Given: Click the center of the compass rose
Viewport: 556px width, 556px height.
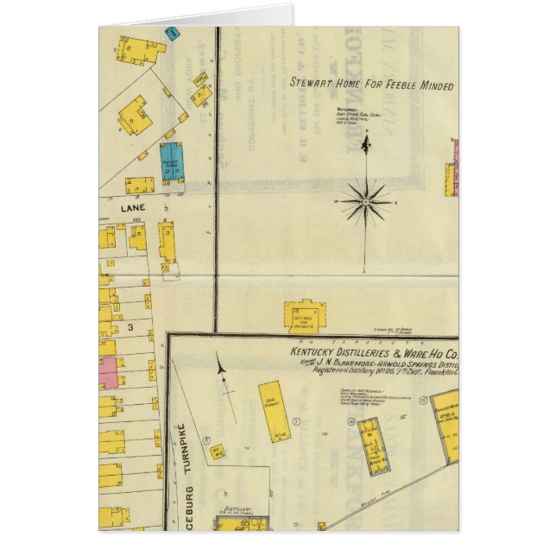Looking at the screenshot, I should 365,202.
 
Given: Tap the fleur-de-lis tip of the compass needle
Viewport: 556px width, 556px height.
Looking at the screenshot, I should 365,142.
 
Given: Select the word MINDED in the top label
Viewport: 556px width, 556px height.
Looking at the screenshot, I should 434,85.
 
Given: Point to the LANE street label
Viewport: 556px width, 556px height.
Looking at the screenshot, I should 109,208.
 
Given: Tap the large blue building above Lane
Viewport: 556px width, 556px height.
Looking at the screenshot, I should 172,161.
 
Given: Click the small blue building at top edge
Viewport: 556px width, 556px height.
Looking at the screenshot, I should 172,34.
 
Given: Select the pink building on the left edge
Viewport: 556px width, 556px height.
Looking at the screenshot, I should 107,372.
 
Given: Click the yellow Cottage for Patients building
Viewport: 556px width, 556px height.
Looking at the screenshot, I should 302,316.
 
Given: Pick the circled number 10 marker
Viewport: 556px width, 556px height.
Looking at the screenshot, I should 351,420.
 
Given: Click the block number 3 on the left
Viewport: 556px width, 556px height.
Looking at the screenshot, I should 130,327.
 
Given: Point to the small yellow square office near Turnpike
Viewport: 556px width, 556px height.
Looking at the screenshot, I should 218,450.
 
